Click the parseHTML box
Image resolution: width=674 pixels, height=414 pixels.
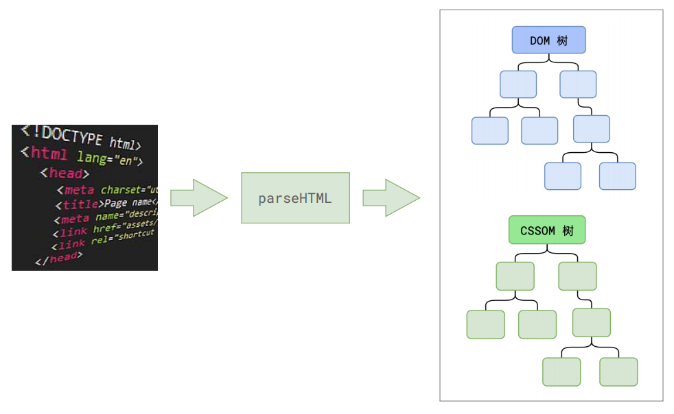(294, 198)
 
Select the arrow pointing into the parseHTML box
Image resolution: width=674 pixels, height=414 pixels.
(198, 198)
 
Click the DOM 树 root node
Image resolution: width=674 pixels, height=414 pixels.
(548, 40)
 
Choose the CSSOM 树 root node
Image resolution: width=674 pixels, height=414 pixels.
(546, 230)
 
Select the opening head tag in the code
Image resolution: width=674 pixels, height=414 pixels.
(65, 173)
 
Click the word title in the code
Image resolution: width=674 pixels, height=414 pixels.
(80, 204)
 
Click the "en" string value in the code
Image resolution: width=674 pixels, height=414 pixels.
(128, 162)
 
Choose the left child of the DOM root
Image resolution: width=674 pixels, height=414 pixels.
(518, 84)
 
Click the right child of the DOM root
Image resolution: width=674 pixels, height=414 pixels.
(578, 84)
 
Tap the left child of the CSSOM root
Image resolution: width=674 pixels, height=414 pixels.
(515, 276)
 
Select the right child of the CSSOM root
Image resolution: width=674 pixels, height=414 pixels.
(577, 276)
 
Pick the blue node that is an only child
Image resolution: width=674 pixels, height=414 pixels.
(592, 129)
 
